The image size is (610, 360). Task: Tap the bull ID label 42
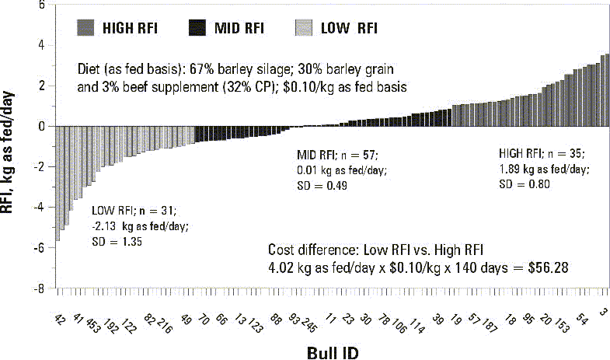[61, 320]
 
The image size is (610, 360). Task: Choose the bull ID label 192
[109, 322]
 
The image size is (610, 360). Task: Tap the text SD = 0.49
[322, 186]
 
